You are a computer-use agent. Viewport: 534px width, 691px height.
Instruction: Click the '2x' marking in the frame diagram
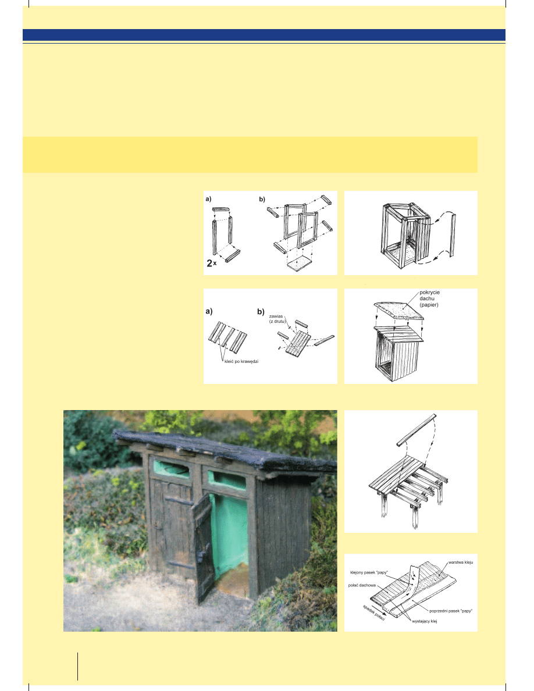pyautogui.click(x=212, y=263)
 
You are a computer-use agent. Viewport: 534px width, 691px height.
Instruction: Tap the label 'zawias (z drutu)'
pyautogui.click(x=276, y=319)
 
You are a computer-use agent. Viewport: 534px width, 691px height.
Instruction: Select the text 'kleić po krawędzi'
pyautogui.click(x=241, y=361)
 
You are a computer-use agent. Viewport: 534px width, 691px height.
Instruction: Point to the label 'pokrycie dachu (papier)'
pyautogui.click(x=429, y=298)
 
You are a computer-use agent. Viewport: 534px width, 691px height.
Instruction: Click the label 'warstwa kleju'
pyautogui.click(x=461, y=562)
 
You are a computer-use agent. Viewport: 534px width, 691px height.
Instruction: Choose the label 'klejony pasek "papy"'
pyautogui.click(x=369, y=572)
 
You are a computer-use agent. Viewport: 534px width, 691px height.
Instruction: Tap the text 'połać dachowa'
pyautogui.click(x=362, y=585)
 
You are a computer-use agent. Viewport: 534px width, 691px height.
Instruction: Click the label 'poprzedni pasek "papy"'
pyautogui.click(x=450, y=611)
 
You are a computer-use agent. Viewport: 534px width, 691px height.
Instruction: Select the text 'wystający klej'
pyautogui.click(x=424, y=621)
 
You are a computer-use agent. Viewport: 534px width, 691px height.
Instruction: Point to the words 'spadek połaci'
pyautogui.click(x=373, y=612)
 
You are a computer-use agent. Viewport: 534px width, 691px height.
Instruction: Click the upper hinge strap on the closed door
pyautogui.click(x=179, y=501)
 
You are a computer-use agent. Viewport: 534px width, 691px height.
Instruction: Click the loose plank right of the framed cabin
pyautogui.click(x=453, y=236)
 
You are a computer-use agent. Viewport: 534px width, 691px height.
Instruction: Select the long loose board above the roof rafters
pyautogui.click(x=416, y=430)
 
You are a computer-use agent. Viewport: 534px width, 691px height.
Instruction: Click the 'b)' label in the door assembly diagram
pyautogui.click(x=261, y=312)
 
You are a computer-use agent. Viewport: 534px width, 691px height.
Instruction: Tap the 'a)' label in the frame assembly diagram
pyautogui.click(x=208, y=199)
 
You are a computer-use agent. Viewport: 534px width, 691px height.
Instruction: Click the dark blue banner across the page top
pyautogui.click(x=264, y=35)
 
